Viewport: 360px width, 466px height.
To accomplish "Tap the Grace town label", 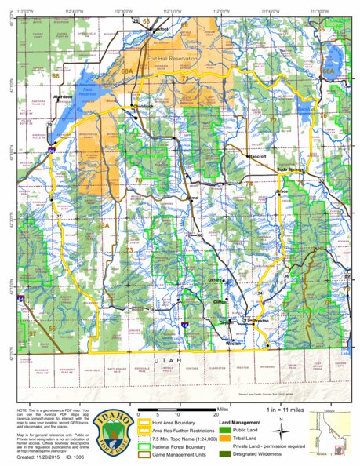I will pyautogui.click(x=283, y=191).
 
